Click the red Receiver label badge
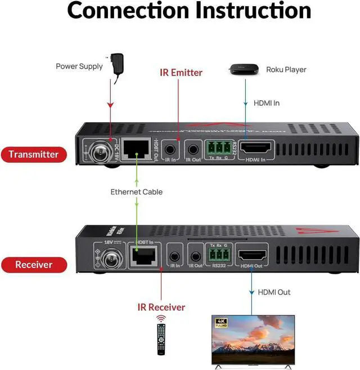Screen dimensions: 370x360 pos(33,264)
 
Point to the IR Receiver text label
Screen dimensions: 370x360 pos(161,307)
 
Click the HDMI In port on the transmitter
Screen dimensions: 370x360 pos(256,149)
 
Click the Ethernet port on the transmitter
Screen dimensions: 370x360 pos(136,149)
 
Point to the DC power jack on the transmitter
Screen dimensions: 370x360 pos(96,151)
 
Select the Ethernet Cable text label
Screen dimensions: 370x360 pos(136,192)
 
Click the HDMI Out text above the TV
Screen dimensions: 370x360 pos(274,292)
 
